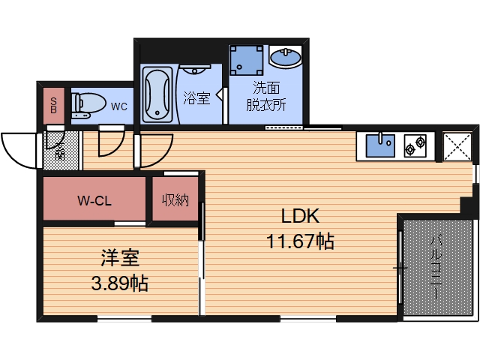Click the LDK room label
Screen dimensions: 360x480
[x=300, y=217]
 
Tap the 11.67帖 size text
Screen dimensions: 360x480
[x=300, y=241]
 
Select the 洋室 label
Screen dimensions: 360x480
[x=120, y=259]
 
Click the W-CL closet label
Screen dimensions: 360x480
[x=94, y=200]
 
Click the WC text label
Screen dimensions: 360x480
[x=118, y=106]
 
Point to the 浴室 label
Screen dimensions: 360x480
[x=196, y=97]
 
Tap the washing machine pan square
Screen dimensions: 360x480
[x=247, y=61]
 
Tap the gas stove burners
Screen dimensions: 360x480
[x=415, y=144]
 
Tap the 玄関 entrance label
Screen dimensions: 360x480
[x=58, y=149]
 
